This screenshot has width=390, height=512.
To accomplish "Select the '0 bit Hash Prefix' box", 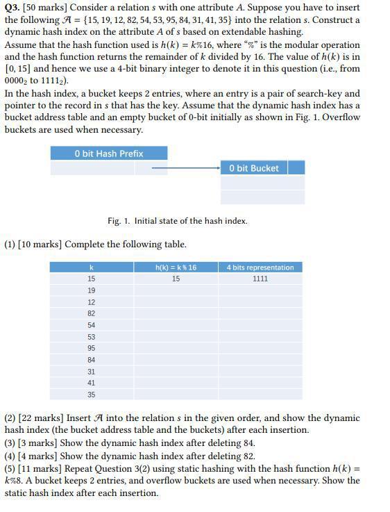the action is [x=109, y=154].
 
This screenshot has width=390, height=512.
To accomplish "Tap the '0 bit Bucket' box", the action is [x=253, y=168].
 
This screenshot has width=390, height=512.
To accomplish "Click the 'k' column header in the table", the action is [x=92, y=267].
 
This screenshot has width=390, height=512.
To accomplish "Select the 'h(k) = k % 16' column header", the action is [x=176, y=267].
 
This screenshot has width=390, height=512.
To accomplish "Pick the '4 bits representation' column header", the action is [x=260, y=267].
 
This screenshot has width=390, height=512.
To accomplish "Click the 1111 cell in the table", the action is [x=260, y=279].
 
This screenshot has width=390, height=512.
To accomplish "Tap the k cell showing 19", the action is [x=92, y=290].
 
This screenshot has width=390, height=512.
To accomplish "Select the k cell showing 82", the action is [x=92, y=313].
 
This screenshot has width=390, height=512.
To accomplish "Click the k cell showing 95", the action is [x=92, y=348].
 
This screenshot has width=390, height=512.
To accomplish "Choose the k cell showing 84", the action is [x=92, y=360].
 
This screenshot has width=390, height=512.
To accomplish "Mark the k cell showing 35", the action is [x=92, y=395].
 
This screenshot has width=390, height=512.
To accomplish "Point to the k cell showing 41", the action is [x=92, y=383].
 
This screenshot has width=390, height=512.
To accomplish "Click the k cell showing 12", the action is [x=92, y=302].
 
